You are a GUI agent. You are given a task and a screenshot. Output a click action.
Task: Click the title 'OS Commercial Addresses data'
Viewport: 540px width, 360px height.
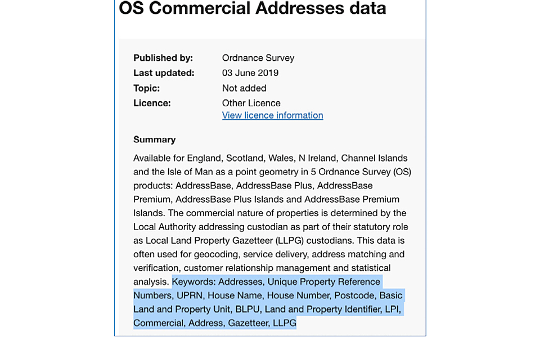click(253, 9)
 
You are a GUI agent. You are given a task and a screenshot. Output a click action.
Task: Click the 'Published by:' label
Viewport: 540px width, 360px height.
click(163, 58)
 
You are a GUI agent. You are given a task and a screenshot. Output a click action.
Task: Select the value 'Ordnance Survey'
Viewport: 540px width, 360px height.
click(258, 58)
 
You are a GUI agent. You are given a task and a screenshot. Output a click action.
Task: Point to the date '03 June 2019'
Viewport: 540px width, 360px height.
click(250, 73)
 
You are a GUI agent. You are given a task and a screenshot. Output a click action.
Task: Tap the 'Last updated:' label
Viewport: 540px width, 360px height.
click(164, 73)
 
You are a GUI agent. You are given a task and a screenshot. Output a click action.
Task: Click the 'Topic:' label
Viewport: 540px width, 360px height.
click(146, 88)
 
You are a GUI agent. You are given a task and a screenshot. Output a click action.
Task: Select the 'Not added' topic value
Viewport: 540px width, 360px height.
click(244, 88)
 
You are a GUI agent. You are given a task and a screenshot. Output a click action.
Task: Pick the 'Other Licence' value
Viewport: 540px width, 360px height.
click(251, 103)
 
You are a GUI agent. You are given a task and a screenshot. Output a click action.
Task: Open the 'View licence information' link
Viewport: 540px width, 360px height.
click(273, 115)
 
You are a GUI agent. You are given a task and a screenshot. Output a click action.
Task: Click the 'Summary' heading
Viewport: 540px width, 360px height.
click(155, 139)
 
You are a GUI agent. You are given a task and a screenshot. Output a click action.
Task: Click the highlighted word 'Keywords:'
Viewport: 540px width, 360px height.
click(194, 282)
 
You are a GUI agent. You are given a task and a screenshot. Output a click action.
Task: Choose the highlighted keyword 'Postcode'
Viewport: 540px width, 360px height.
click(354, 295)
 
